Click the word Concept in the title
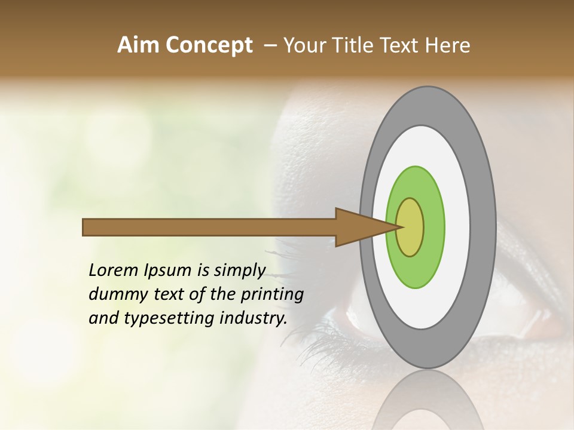pyautogui.click(x=209, y=45)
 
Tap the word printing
pyautogui.click(x=272, y=294)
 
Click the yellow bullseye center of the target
pyautogui.click(x=410, y=227)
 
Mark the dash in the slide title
pyautogui.click(x=270, y=45)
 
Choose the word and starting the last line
pyautogui.click(x=103, y=318)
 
